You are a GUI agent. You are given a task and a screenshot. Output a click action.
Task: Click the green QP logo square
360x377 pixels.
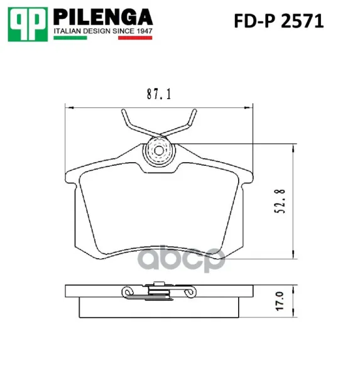(28, 25)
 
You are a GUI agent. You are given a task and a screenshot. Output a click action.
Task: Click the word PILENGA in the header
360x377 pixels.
(103, 17)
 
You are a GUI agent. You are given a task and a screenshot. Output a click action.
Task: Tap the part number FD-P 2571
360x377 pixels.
(279, 21)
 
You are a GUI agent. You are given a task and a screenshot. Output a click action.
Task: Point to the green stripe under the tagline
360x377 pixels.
(70, 38)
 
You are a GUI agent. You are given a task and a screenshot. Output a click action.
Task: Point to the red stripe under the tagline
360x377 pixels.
(135, 38)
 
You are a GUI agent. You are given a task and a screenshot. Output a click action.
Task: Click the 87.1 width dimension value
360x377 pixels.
(159, 94)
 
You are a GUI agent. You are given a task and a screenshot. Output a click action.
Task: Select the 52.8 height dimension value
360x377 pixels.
(280, 201)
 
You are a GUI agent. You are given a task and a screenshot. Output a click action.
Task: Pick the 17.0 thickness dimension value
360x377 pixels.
(280, 301)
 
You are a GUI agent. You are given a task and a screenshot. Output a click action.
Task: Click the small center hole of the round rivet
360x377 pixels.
(159, 151)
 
